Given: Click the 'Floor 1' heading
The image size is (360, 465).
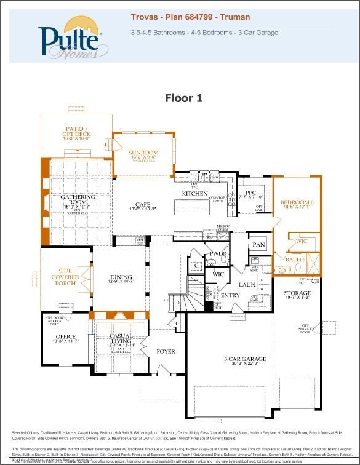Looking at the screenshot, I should click(183, 98).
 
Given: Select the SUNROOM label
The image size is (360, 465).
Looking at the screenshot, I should click(143, 153).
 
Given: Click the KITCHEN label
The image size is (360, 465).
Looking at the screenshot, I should click(195, 194).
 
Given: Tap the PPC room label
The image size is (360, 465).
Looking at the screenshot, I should click(250, 193).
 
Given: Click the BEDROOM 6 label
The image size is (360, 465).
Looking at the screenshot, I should click(297, 202).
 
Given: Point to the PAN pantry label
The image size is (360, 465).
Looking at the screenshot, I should click(258, 245).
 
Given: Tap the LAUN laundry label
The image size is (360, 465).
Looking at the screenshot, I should click(247, 285).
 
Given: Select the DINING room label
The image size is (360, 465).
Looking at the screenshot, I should click(121, 277).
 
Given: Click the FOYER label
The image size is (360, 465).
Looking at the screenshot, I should click(166, 352).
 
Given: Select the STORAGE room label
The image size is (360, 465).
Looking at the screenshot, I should click(297, 293).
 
